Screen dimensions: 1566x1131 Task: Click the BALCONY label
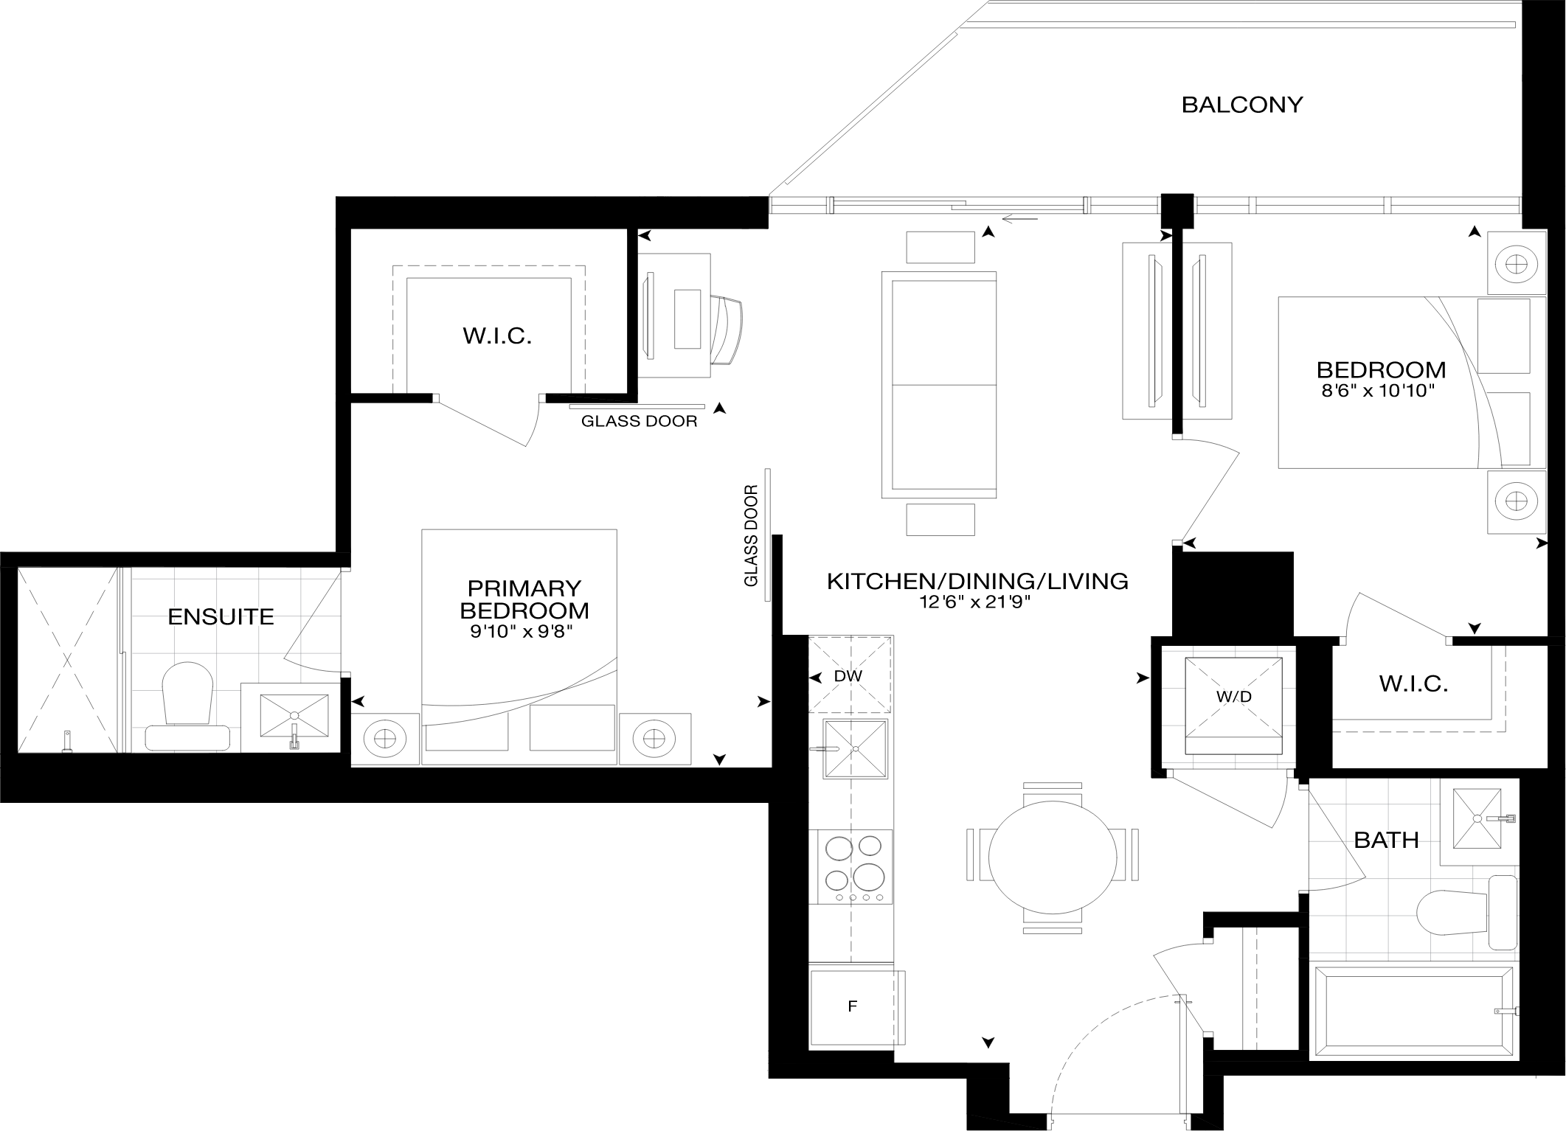pyautogui.click(x=1242, y=105)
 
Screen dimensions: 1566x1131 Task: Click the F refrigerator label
pyautogui.click(x=853, y=1006)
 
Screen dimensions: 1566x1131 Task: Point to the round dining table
pyautogui.click(x=1052, y=856)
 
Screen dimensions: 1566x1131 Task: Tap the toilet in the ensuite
pyautogui.click(x=188, y=706)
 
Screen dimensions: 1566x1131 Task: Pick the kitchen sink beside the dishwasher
pyautogui.click(x=856, y=748)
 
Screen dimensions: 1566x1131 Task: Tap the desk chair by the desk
pyautogui.click(x=727, y=330)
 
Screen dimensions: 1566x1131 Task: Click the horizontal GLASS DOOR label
pyautogui.click(x=639, y=422)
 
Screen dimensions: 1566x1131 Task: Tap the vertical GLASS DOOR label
pyautogui.click(x=752, y=535)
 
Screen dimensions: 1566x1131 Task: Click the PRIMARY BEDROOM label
pyautogui.click(x=524, y=599)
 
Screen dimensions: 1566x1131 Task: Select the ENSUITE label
pyautogui.click(x=221, y=616)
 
